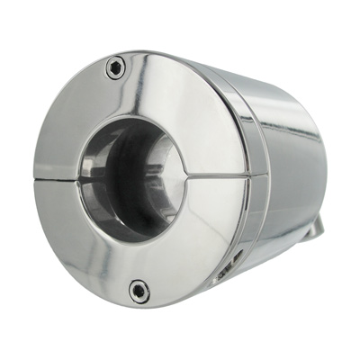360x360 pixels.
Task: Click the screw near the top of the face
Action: (115, 66)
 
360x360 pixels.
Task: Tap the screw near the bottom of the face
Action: (138, 290)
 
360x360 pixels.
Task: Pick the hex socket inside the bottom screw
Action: (138, 290)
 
